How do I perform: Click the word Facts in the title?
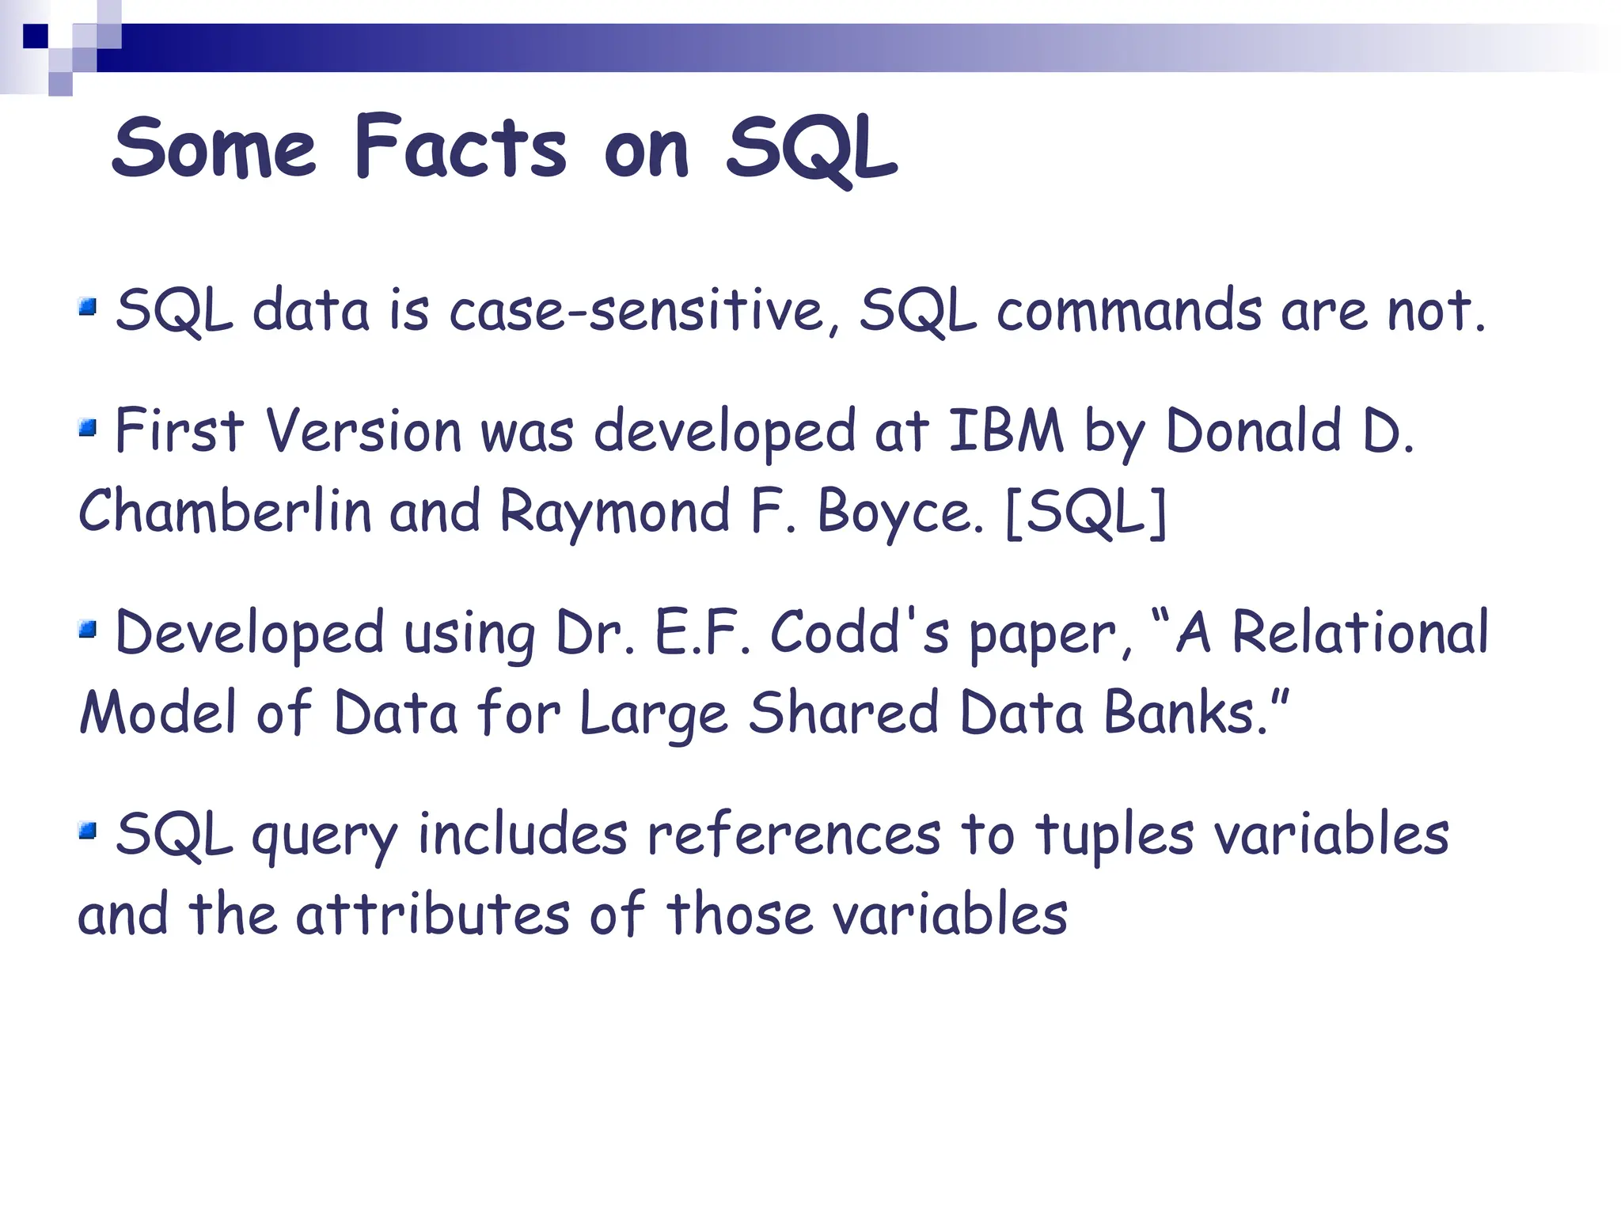[x=460, y=148]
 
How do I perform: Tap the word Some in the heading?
[x=214, y=148]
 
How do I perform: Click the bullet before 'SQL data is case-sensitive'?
[x=88, y=306]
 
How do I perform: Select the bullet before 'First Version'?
[x=88, y=429]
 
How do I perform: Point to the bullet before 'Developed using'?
[x=88, y=630]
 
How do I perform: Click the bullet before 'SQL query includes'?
[x=88, y=831]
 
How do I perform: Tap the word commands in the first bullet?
[x=1129, y=310]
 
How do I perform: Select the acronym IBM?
[x=1005, y=432]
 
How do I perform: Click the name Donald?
[x=1253, y=432]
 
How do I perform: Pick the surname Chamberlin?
[x=225, y=511]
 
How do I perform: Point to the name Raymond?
[x=615, y=513]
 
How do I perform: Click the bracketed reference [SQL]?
[x=1086, y=513]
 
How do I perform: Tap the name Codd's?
[x=860, y=633]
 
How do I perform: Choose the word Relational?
[x=1360, y=633]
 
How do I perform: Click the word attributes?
[x=433, y=915]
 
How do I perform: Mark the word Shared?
[x=844, y=713]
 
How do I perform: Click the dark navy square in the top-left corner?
[x=36, y=36]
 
